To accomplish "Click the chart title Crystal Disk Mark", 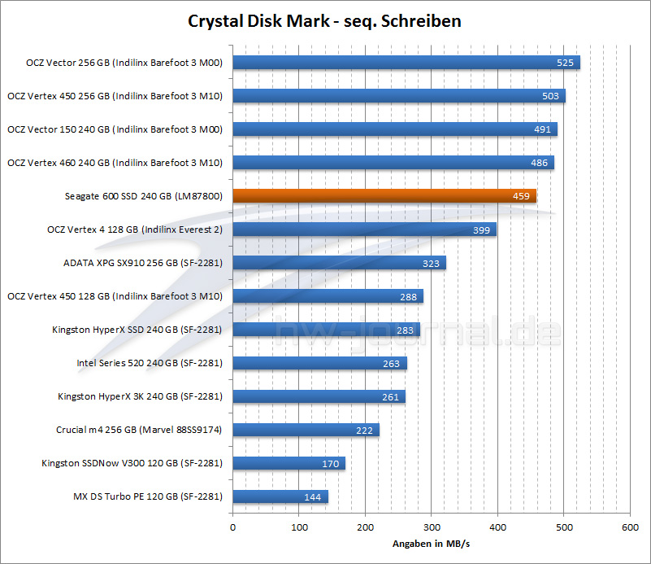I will click(324, 20).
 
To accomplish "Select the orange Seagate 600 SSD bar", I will click(384, 196).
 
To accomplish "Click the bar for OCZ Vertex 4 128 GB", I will click(364, 230).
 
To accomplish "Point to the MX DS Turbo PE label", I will click(148, 496).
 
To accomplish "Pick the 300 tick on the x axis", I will click(432, 527).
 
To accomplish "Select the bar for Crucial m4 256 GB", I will click(306, 430).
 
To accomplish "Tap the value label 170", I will click(330, 464).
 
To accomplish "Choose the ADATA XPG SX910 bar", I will click(339, 263).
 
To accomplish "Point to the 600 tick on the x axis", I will click(630, 527).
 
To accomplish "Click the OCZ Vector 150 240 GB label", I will click(115, 129).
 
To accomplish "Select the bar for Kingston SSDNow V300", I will click(289, 463).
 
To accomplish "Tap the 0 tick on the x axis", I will click(233, 527).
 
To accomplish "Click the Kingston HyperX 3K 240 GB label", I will click(140, 396).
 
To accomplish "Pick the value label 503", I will click(551, 96).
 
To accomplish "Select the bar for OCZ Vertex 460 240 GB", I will click(393, 163).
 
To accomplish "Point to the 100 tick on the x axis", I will click(299, 527).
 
